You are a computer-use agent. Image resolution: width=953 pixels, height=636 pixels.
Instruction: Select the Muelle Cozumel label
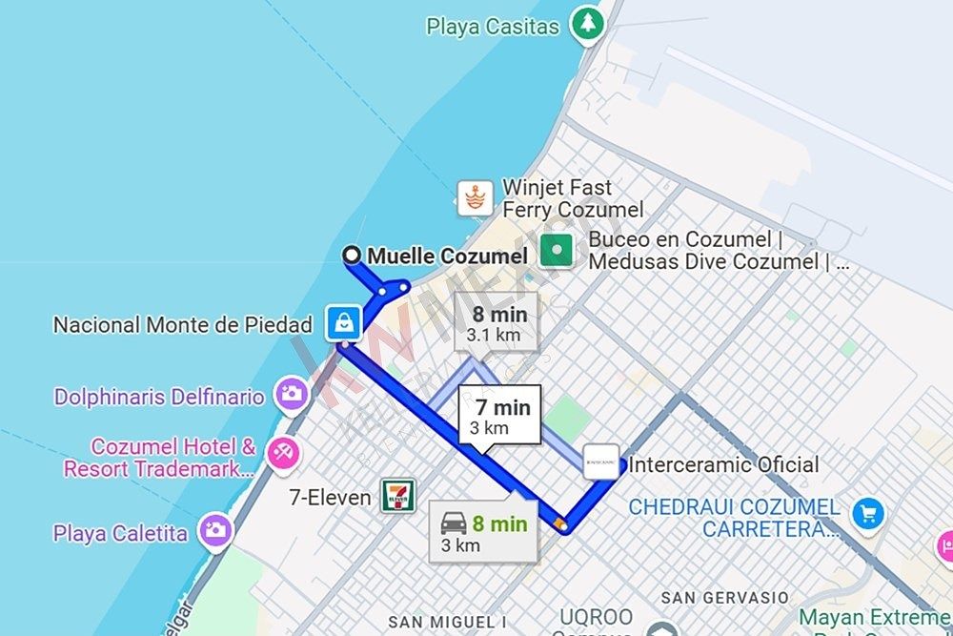tap(447, 256)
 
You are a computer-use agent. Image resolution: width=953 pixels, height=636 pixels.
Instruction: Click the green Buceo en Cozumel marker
tap(557, 251)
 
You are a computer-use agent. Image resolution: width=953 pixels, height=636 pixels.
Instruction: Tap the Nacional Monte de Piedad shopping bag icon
tap(343, 323)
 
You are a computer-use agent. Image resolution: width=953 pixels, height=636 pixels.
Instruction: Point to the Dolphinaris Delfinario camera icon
tap(290, 393)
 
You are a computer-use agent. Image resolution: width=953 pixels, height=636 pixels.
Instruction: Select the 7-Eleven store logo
tap(398, 495)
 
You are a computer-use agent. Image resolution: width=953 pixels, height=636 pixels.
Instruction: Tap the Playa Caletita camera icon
tap(215, 530)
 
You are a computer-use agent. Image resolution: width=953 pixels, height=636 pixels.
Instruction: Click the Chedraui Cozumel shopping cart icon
tap(868, 513)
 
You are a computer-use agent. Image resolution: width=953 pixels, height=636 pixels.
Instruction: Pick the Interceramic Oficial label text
tap(723, 465)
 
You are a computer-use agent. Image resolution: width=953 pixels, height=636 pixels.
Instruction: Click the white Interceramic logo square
tap(601, 462)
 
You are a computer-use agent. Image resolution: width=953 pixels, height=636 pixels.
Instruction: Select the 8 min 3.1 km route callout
tap(496, 322)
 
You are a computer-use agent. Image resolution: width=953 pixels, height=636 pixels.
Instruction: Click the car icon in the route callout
tap(454, 523)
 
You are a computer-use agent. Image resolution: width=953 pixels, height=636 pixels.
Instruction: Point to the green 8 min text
tap(499, 523)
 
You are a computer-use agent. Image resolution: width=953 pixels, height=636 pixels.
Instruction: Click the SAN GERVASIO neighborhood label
tap(725, 598)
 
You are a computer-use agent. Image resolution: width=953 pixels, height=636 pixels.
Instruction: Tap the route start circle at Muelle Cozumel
tap(352, 255)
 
